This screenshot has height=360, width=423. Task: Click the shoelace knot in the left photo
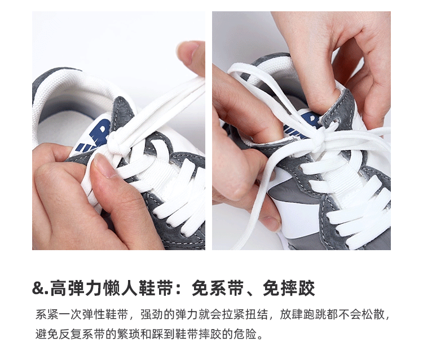[117, 143]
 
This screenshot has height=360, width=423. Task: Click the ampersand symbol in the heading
[37, 288]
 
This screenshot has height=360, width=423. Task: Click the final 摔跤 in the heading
[298, 288]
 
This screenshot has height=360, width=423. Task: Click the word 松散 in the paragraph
[373, 314]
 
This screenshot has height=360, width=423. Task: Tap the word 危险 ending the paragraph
[245, 334]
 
